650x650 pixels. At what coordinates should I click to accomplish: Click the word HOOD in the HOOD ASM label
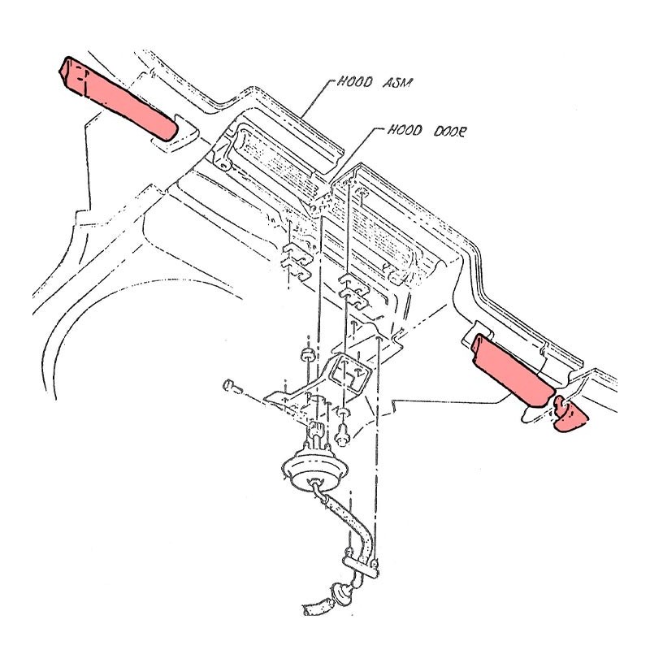[x=354, y=81]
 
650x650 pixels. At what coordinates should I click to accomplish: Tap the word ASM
[x=396, y=83]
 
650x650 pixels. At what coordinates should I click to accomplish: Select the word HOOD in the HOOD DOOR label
[x=405, y=131]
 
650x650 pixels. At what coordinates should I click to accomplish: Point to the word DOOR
[x=450, y=132]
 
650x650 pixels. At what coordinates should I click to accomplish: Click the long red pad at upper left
[x=118, y=98]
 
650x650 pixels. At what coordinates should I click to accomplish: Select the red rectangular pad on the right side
[x=513, y=370]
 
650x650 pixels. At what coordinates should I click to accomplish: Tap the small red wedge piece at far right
[x=570, y=415]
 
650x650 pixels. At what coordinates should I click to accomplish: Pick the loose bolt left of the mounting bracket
[x=232, y=387]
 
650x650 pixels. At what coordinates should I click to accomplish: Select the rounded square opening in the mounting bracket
[x=349, y=372]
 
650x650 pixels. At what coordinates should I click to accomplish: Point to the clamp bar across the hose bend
[x=361, y=566]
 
